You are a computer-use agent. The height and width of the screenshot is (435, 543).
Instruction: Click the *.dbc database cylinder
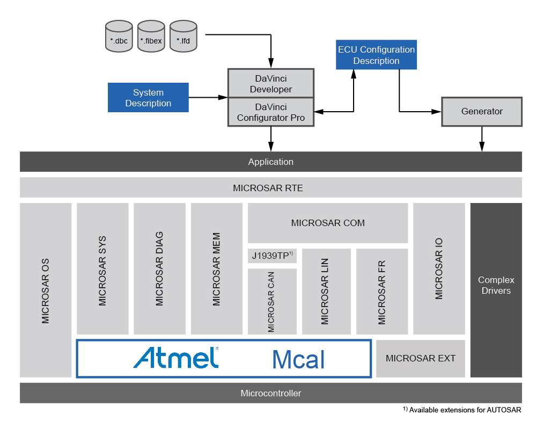pos(119,37)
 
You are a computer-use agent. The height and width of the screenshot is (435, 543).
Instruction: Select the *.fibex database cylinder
pos(151,37)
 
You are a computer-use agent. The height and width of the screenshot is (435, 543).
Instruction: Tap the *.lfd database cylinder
pos(183,37)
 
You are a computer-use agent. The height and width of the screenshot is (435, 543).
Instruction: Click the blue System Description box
pos(148,98)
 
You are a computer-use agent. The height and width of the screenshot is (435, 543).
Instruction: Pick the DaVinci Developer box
pos(271,83)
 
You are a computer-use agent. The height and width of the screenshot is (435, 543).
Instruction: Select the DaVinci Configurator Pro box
pos(271,112)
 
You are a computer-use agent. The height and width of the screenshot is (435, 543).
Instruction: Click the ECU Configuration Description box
pos(376,55)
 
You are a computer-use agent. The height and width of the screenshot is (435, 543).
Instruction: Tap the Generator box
pos(481,112)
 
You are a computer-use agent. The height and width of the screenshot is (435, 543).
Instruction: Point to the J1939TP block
pos(272,256)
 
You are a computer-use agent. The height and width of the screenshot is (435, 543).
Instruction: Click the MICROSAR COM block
pos(327,223)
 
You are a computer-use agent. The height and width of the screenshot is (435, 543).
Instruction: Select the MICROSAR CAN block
pos(271,301)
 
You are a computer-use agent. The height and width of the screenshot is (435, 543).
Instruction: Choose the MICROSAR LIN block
pos(326,292)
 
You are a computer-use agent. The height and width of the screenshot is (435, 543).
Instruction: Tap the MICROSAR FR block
pos(381,292)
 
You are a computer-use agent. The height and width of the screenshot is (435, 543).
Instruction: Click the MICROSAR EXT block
pos(420,358)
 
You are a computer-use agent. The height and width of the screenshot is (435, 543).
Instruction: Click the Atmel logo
pos(176,358)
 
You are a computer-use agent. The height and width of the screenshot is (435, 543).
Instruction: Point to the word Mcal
pos(298,359)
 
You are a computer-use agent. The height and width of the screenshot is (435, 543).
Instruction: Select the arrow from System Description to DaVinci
pos(208,97)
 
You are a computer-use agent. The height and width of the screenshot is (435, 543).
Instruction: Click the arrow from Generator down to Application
pos(482,139)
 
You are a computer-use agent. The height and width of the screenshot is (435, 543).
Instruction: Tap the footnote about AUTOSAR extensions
pos(462,410)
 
